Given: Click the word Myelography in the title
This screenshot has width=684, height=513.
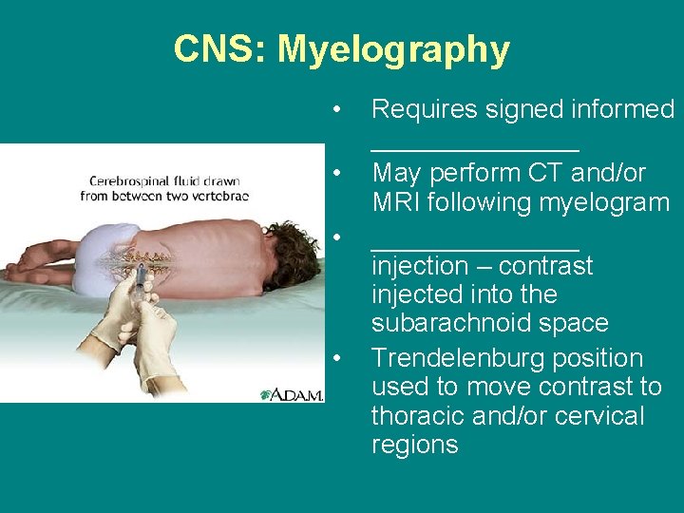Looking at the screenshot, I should pos(393,49).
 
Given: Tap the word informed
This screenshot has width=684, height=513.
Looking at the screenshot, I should pos(621,110).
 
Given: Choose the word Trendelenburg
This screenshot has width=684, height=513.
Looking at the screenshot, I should pos(461,358).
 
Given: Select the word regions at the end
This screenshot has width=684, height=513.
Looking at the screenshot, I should pos(414,445).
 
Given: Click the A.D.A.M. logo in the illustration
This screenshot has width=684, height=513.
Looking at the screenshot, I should pos(292,392).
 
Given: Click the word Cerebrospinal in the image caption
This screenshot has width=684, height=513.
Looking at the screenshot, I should pos(135,180).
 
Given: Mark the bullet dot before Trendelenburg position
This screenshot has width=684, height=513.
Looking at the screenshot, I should pos(336,358).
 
